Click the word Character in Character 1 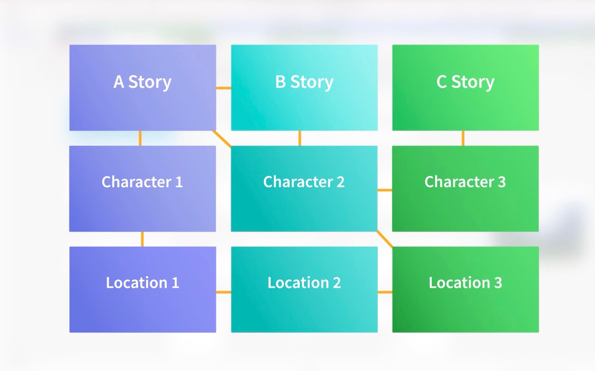coord(136,182)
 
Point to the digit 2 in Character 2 coord(341,182)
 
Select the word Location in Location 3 coord(459,283)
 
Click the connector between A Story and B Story coord(223,88)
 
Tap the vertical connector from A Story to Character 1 coord(140,138)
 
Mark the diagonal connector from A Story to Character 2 coord(222,139)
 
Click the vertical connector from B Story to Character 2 coord(300,138)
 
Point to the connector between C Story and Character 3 coord(463,138)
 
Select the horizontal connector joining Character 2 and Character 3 coord(385,190)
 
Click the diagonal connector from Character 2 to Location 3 coord(385,239)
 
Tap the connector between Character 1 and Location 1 coord(142,239)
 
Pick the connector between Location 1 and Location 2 coord(223,292)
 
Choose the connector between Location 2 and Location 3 coord(385,292)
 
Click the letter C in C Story coord(442,82)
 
